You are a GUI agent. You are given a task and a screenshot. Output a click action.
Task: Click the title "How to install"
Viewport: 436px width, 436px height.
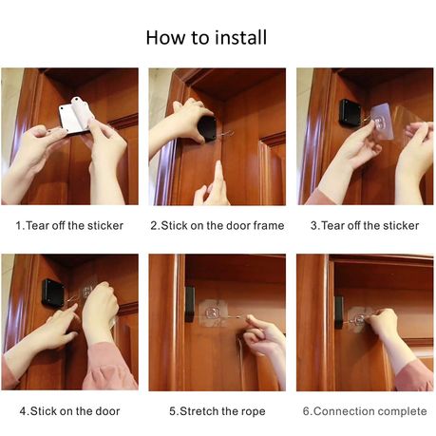point(206,37)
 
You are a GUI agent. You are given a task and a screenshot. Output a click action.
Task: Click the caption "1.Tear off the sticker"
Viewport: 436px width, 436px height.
point(69,225)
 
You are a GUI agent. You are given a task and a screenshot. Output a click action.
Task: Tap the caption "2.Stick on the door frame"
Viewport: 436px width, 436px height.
point(218,225)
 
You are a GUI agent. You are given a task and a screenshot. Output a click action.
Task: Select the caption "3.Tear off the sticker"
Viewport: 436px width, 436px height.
point(365,225)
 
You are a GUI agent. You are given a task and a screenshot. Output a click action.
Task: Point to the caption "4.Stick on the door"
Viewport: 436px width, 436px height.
point(69,411)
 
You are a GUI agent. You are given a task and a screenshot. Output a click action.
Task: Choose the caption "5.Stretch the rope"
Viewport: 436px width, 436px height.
point(218,411)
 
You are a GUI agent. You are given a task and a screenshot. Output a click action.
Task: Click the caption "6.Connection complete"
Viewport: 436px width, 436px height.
point(365,411)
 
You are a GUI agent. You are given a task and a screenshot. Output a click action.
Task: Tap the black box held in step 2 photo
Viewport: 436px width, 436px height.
point(207,129)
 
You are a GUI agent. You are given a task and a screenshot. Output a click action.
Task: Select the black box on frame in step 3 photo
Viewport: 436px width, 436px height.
point(349,112)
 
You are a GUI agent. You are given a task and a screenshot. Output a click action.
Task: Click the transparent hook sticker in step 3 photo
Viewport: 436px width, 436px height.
point(383,121)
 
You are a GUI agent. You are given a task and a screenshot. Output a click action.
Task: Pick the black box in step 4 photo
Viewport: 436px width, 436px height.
point(53,293)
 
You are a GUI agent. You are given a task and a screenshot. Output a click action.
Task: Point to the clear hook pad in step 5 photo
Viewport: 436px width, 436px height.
point(213,313)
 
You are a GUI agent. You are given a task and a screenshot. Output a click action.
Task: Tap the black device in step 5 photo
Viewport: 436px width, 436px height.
point(190,303)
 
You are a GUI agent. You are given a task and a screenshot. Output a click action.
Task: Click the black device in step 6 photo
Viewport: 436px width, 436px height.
point(339,313)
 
